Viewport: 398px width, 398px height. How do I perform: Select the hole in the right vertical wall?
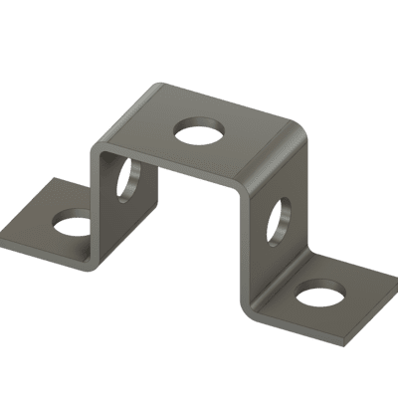pyautogui.click(x=278, y=222)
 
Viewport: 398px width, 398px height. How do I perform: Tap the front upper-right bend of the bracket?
pyautogui.click(x=243, y=186)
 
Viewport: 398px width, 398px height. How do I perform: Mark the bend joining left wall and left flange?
pyautogui.click(x=91, y=262)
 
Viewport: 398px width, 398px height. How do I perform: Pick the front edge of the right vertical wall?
pyautogui.click(x=243, y=249)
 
